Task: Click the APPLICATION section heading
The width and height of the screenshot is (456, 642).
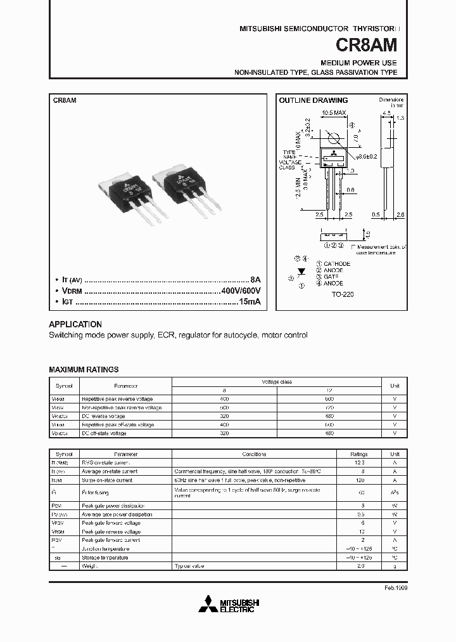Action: click(x=75, y=324)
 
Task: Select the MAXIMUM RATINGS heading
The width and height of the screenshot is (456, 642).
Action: click(x=84, y=369)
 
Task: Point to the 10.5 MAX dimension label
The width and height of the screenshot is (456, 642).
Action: click(x=333, y=113)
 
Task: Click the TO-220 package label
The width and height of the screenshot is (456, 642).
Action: click(x=342, y=296)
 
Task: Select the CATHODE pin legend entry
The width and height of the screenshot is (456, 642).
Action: click(x=336, y=263)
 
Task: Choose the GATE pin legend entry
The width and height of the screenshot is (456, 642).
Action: click(x=332, y=277)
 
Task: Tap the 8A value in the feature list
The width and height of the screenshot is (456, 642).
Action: click(x=255, y=279)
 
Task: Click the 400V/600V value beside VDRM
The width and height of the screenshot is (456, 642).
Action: click(x=241, y=291)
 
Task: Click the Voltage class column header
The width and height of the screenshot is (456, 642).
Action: click(x=277, y=382)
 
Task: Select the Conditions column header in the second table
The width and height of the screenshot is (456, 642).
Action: click(x=254, y=454)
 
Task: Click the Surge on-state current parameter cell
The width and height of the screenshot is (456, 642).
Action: click(x=107, y=480)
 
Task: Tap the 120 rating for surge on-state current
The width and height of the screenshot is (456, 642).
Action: click(x=360, y=480)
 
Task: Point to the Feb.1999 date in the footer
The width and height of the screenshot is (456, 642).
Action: click(x=395, y=588)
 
